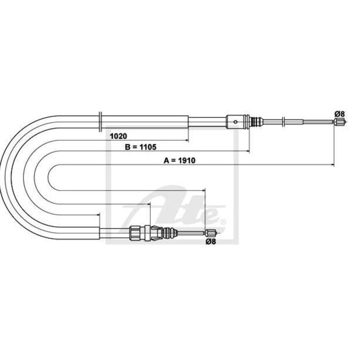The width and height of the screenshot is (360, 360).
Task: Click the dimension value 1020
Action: pyautogui.click(x=118, y=136)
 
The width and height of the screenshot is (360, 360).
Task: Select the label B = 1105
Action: pyautogui.click(x=141, y=147)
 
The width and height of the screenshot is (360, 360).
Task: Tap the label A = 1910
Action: pyautogui.click(x=180, y=161)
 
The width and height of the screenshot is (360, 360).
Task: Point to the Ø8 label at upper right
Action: pyautogui.click(x=339, y=114)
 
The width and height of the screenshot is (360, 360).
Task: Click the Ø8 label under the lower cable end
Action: pyautogui.click(x=211, y=242)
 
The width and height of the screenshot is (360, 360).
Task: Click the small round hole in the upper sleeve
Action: pyautogui.click(x=235, y=122)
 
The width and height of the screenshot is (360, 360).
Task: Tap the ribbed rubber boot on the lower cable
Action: pyautogui.click(x=170, y=233)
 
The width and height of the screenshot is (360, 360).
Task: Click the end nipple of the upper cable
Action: pyautogui.click(x=340, y=122)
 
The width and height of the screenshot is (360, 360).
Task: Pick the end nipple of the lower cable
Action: pyautogui.click(x=211, y=233)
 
